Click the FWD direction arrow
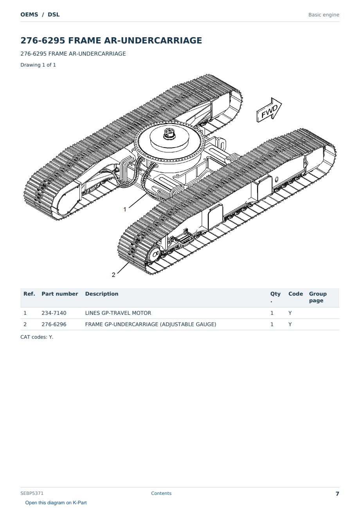click(269, 110)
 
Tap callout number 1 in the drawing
click(125, 209)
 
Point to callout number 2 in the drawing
click(113, 275)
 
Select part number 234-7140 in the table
click(54, 313)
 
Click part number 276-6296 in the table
click(54, 324)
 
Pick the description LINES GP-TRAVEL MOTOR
click(118, 313)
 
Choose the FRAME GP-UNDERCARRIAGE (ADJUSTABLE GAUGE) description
click(151, 324)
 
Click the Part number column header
click(60, 294)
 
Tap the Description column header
click(102, 294)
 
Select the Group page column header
click(318, 297)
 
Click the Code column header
click(296, 294)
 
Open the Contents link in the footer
click(161, 493)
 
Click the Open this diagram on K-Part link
click(56, 503)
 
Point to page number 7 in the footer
click(337, 494)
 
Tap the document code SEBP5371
click(32, 493)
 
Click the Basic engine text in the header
click(324, 15)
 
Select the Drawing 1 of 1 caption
click(38, 65)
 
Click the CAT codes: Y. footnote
click(37, 337)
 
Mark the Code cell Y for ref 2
click(290, 324)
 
